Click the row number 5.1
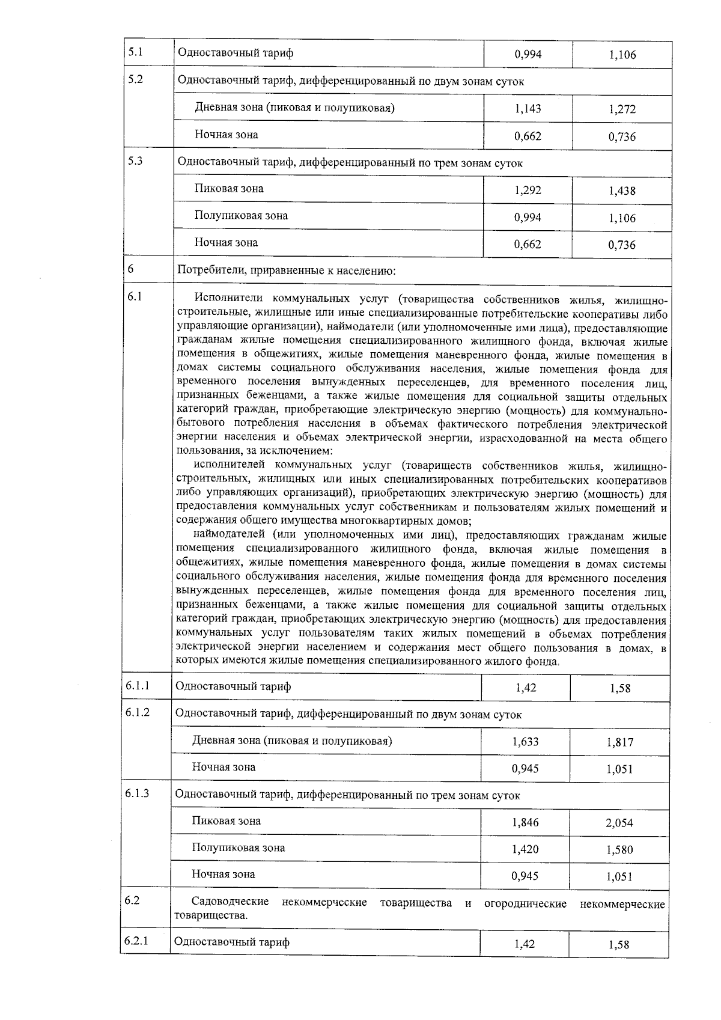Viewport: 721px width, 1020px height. [135, 52]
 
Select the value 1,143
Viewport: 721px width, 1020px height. [528, 109]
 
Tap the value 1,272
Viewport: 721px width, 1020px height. [621, 109]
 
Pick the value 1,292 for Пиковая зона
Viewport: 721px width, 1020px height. [528, 191]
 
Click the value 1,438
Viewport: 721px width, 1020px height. [621, 191]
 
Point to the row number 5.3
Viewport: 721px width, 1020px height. [135, 162]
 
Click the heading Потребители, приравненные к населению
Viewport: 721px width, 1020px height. [287, 271]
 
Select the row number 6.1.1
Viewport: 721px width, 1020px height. [138, 686]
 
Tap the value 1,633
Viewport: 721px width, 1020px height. [525, 742]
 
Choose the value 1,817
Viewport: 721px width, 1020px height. [619, 742]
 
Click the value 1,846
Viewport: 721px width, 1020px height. [525, 822]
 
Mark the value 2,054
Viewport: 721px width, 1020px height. [619, 823]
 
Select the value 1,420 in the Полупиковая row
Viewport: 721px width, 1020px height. [525, 849]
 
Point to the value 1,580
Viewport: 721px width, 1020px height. [619, 850]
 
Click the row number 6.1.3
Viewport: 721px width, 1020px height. [138, 793]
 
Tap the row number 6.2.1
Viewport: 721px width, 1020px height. [136, 941]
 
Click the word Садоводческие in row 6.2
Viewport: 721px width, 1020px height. [230, 903]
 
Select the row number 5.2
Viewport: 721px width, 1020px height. [135, 79]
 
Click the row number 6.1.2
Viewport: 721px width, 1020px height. [138, 713]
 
